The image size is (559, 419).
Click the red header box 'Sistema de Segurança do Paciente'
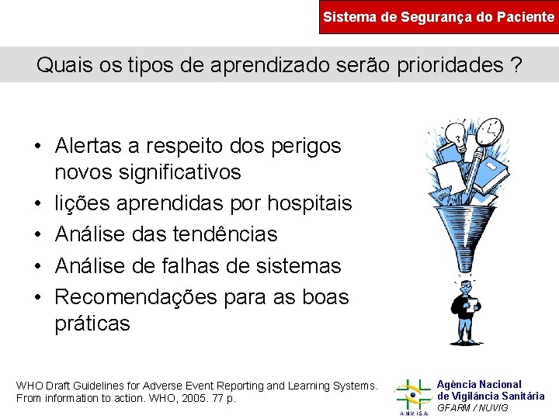pyautogui.click(x=439, y=16)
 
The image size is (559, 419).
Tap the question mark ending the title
pyautogui.click(x=516, y=65)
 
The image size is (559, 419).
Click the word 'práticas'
pyautogui.click(x=92, y=324)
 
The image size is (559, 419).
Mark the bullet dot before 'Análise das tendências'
pyautogui.click(x=37, y=235)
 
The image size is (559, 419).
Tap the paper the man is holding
pyautogui.click(x=470, y=304)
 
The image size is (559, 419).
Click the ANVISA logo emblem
pyautogui.click(x=412, y=393)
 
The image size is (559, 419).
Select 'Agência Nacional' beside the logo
pyautogui.click(x=479, y=384)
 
